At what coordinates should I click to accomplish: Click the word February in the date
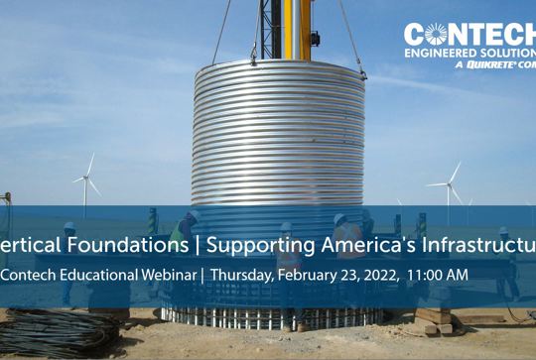(310, 274)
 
